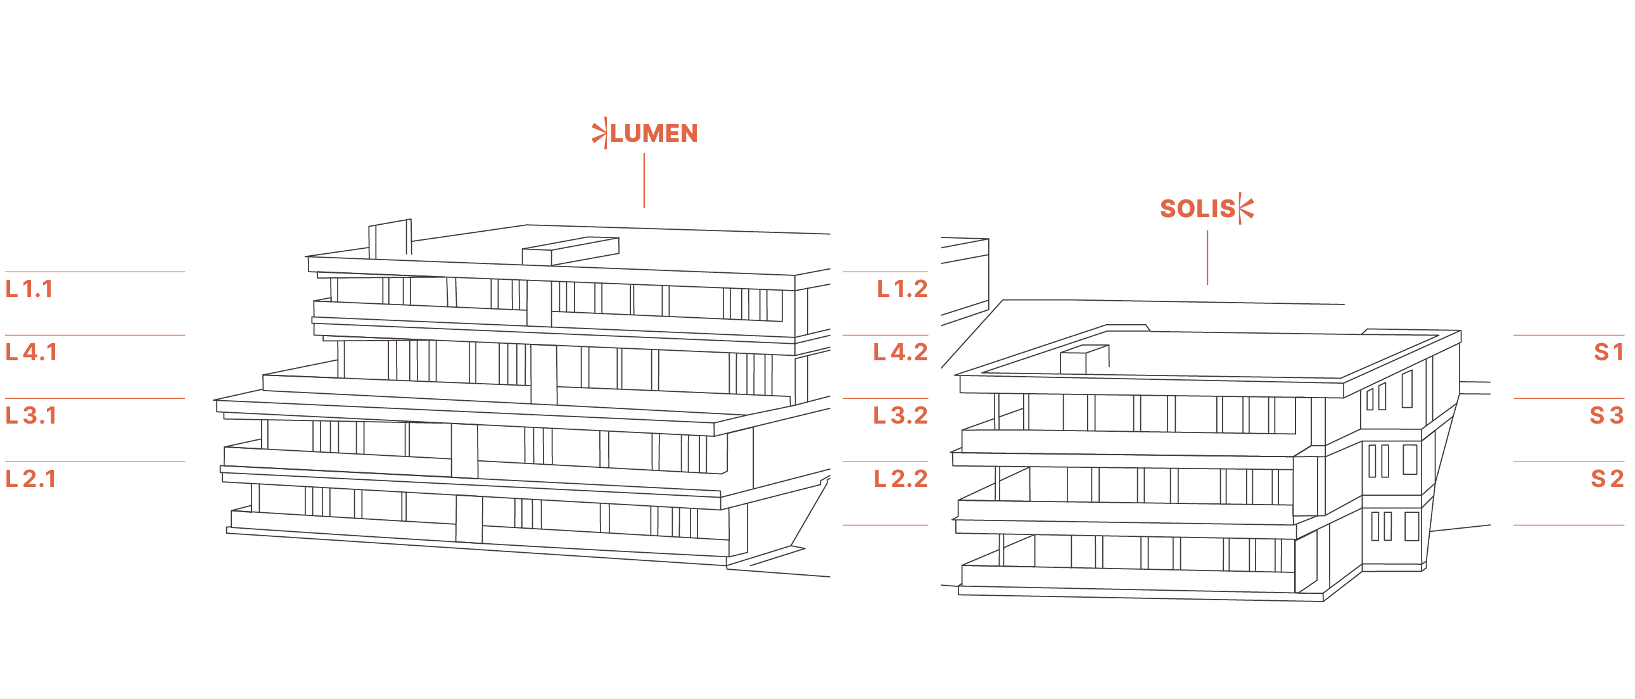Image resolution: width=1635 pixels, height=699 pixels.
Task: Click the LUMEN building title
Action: pyautogui.click(x=654, y=133)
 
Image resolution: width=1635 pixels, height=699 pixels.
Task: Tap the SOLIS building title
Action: pyautogui.click(x=1197, y=209)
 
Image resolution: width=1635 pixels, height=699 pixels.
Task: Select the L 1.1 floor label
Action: pyautogui.click(x=29, y=289)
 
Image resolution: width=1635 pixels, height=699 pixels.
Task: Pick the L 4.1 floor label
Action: pyautogui.click(x=32, y=353)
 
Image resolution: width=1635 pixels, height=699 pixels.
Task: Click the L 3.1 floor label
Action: pyautogui.click(x=31, y=416)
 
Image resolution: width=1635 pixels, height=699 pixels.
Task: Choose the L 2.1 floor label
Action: pyautogui.click(x=30, y=479)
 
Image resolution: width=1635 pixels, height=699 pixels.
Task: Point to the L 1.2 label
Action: pyautogui.click(x=903, y=289)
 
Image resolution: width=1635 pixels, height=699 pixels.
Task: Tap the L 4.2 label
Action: pyautogui.click(x=901, y=353)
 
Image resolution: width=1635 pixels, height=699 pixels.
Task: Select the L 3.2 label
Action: pyautogui.click(x=901, y=416)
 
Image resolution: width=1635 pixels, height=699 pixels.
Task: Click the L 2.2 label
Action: pyautogui.click(x=901, y=479)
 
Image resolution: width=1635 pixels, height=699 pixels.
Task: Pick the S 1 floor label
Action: pyautogui.click(x=1608, y=353)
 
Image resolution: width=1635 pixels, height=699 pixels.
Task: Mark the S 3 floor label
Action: pyautogui.click(x=1606, y=416)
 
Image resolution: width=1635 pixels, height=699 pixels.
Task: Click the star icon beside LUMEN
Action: pyautogui.click(x=599, y=133)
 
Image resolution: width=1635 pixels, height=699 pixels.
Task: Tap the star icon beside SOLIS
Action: pyautogui.click(x=1246, y=209)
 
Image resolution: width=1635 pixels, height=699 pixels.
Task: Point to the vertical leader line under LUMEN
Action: pyautogui.click(x=644, y=181)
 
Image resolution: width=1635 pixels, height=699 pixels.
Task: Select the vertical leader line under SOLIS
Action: pyautogui.click(x=1207, y=258)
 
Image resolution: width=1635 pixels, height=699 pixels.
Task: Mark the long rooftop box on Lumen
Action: pyautogui.click(x=570, y=251)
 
